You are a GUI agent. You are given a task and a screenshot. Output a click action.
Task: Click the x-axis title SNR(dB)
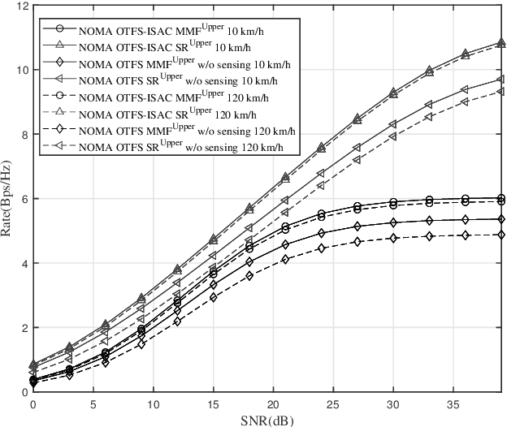(267, 418)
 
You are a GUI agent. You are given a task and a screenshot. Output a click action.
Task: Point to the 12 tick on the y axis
(23, 6)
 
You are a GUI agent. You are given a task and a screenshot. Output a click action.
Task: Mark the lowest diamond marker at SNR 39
(502, 235)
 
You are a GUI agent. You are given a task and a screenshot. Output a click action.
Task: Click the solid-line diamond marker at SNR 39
(502, 219)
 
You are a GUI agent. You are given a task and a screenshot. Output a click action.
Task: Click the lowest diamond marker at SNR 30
(416, 238)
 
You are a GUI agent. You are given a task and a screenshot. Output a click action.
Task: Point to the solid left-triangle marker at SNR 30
(416, 124)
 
